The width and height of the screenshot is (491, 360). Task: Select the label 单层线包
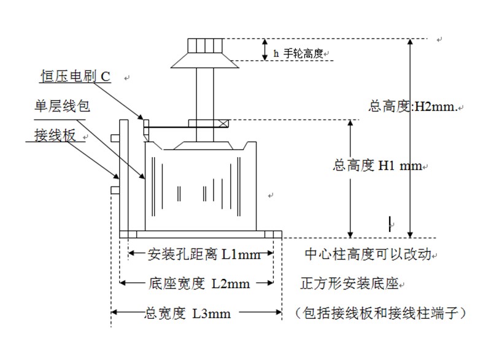[x=61, y=106]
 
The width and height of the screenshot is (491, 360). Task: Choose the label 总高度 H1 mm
[x=377, y=165]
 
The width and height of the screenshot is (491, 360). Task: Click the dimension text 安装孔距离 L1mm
[x=201, y=253]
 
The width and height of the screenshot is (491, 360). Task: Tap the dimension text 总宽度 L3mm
[x=187, y=313]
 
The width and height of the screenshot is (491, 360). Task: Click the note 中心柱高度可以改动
[x=369, y=253]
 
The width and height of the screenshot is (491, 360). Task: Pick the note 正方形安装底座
[x=350, y=283]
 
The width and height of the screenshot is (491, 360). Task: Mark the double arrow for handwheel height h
[x=265, y=50]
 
